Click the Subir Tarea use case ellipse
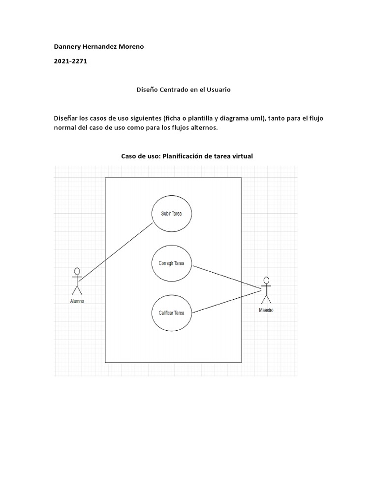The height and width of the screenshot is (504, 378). point(171,214)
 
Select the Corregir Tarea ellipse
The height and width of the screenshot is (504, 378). point(171,263)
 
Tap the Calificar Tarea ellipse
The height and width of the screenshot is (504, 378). point(171,313)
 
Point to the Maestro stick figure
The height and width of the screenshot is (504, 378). point(266,291)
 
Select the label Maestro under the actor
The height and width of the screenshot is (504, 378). point(266,311)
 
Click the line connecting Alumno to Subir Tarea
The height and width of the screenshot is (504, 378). point(116,252)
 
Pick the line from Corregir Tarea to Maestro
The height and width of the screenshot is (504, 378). point(226,277)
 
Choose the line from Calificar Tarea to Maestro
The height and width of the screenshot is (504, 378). point(226,301)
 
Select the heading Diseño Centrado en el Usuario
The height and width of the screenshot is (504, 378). point(183,90)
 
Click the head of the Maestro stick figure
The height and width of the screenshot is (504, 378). point(266,281)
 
